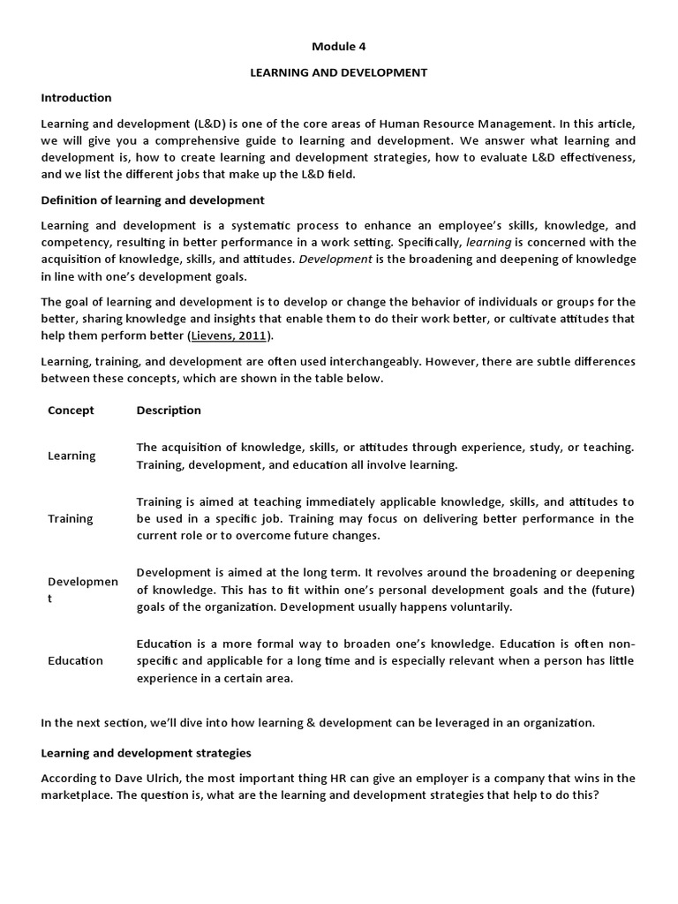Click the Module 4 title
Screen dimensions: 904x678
(x=338, y=48)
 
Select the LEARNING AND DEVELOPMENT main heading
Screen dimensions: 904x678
(x=338, y=72)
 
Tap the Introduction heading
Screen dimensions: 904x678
(x=76, y=97)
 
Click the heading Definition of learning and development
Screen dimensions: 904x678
(x=153, y=200)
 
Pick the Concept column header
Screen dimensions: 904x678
(x=71, y=410)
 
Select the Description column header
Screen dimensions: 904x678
(x=169, y=410)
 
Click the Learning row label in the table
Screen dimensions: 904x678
(x=72, y=456)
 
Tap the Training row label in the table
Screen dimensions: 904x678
(x=70, y=518)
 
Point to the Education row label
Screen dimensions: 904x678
(x=75, y=660)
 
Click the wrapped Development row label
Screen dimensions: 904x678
(x=82, y=590)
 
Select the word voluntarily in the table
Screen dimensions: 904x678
(x=480, y=606)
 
